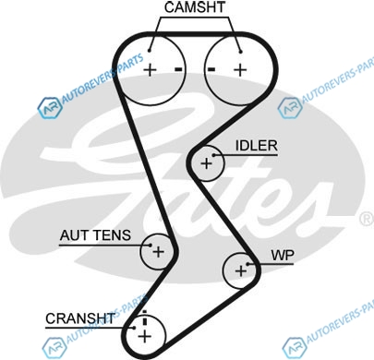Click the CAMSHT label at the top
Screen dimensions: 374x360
pos(195,7)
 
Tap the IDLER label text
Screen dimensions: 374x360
pos(257,146)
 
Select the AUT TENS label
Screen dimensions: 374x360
pos(95,235)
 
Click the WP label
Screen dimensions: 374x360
pos(283,255)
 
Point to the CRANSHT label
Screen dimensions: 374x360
pos(80,318)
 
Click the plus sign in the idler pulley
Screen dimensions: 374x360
pos(206,163)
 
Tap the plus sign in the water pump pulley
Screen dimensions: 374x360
pos(241,271)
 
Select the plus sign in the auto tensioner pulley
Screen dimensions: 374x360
pos(159,252)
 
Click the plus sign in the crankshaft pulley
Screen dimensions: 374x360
pos(145,336)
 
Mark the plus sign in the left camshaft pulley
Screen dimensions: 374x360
pos(151,70)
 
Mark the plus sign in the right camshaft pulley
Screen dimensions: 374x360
pos(240,70)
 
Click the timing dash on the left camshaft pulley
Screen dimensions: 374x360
pos(178,69)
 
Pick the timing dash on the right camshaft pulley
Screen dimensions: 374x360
pos(211,69)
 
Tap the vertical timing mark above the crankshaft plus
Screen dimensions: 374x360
pos(145,318)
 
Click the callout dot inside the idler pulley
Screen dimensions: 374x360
pos(214,155)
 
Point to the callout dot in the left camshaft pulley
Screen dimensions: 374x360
pos(150,51)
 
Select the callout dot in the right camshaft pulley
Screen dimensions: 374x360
pos(241,52)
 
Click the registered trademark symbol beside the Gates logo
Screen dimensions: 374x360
pos(367,219)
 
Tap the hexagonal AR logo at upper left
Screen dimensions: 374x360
pos(50,108)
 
